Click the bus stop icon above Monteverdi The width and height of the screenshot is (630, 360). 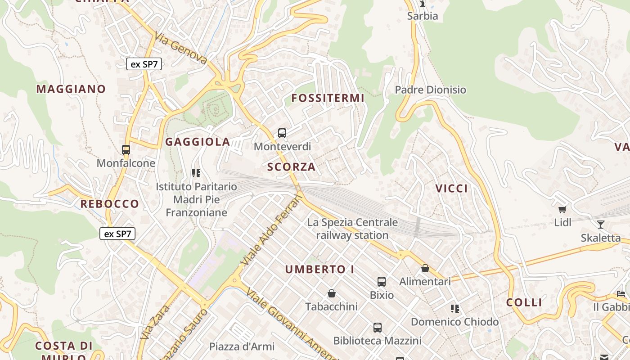coord(282,133)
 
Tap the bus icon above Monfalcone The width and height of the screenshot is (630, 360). coord(126,150)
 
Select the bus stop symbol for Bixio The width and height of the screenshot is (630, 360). coord(382,282)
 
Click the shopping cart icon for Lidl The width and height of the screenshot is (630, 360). coord(562,209)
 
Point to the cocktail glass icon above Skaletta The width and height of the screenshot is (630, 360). coord(600,225)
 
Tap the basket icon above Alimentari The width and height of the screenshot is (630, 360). coord(425,269)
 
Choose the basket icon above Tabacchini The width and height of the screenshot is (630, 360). coord(332,294)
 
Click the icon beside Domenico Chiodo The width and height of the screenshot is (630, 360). coord(455,309)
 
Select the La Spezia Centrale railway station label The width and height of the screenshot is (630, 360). coord(352,229)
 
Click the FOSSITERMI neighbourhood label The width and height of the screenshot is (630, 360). coord(328,98)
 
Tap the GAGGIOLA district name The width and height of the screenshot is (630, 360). coord(198,142)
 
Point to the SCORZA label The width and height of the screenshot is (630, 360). coord(291,167)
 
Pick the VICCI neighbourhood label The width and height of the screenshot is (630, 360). coord(451,189)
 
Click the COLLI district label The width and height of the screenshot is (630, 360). coord(524,302)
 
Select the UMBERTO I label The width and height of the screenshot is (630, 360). coord(319,270)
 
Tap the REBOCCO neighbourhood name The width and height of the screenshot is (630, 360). coord(110,204)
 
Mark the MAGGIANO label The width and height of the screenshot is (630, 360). coord(71,89)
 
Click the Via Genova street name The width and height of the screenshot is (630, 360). coord(181,48)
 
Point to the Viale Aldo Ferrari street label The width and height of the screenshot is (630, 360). coord(271,229)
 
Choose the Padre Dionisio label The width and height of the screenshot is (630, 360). coord(430,90)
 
